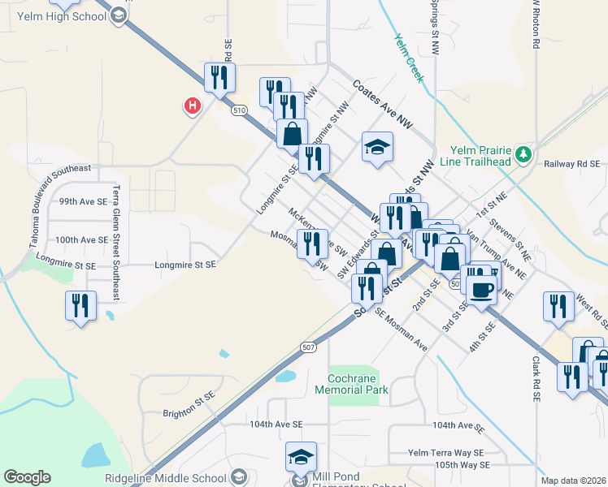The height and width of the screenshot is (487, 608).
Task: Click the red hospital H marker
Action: pos(192,106)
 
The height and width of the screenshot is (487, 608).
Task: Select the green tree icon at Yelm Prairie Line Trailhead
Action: pos(525,153)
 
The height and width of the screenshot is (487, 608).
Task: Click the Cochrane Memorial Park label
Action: pos(358,384)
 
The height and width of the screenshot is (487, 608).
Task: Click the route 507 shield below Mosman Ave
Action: pos(307,347)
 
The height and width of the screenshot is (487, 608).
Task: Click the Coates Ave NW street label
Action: pos(383,103)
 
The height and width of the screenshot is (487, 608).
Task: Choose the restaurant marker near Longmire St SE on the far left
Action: pos(80,306)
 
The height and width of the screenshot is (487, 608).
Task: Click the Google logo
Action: pos(28,477)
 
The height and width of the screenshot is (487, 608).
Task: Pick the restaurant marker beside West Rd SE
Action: pos(558,306)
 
